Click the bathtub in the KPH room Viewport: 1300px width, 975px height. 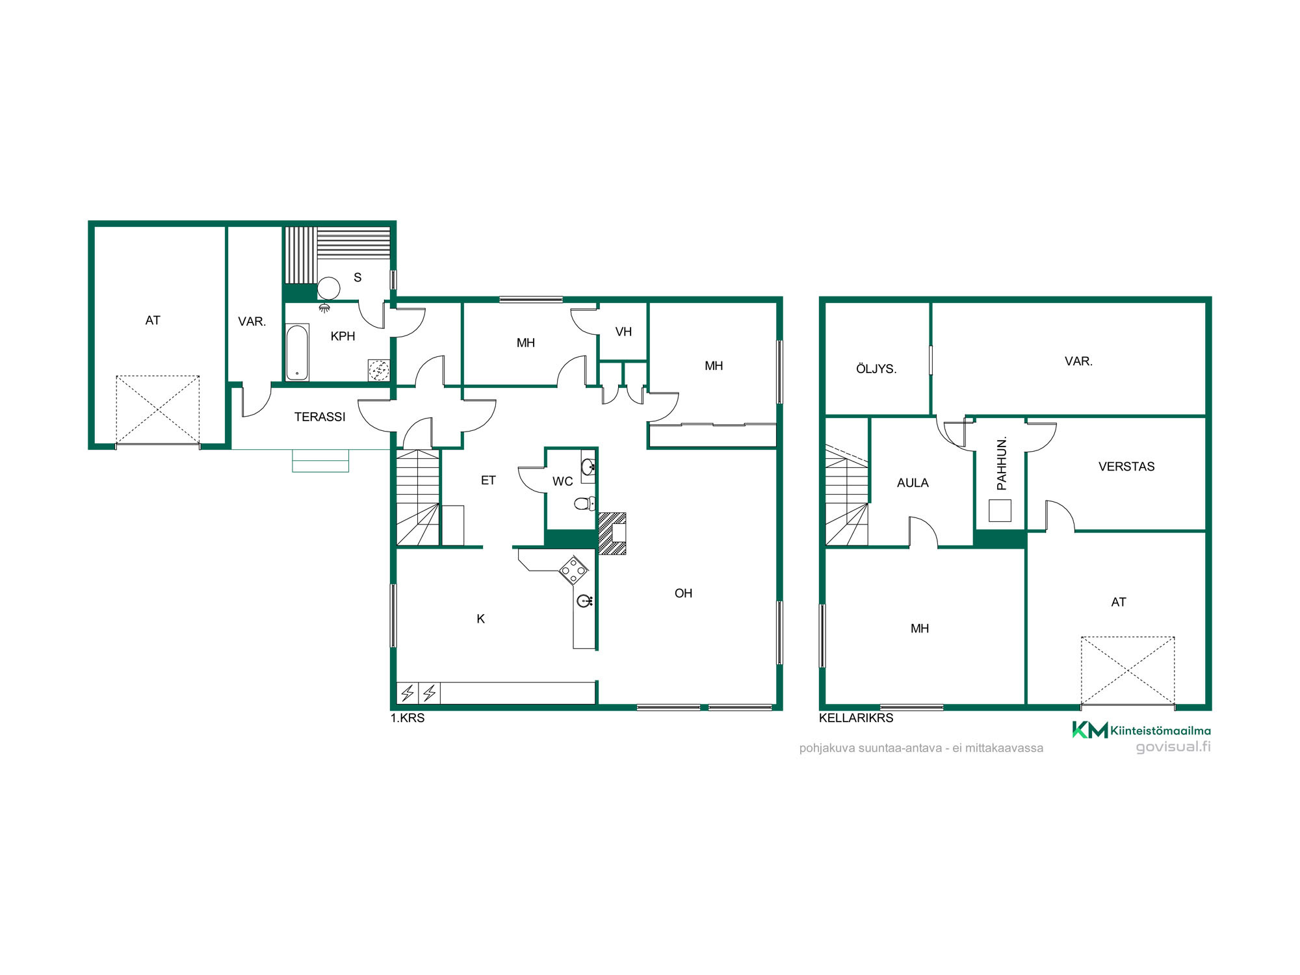297,352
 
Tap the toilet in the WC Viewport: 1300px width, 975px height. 584,503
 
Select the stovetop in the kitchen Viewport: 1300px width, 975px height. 573,570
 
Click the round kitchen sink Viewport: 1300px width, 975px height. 584,601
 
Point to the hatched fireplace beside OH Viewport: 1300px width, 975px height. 612,533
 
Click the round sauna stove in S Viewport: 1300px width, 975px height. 328,288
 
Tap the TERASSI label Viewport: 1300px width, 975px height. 320,417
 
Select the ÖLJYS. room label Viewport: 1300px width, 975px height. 876,369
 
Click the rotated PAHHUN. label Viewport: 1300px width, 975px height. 1002,463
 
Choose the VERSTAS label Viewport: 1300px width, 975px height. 1126,467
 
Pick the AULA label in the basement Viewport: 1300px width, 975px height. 913,483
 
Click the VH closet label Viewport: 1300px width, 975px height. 623,332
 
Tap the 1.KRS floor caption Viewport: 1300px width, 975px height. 408,718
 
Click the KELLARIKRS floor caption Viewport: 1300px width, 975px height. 856,718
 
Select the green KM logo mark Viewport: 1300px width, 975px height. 1089,730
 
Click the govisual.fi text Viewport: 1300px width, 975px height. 1173,747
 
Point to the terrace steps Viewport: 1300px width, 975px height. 320,461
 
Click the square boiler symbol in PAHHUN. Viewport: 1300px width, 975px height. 1000,510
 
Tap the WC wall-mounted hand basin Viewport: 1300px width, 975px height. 588,466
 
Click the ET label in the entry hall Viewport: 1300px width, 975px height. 488,480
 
